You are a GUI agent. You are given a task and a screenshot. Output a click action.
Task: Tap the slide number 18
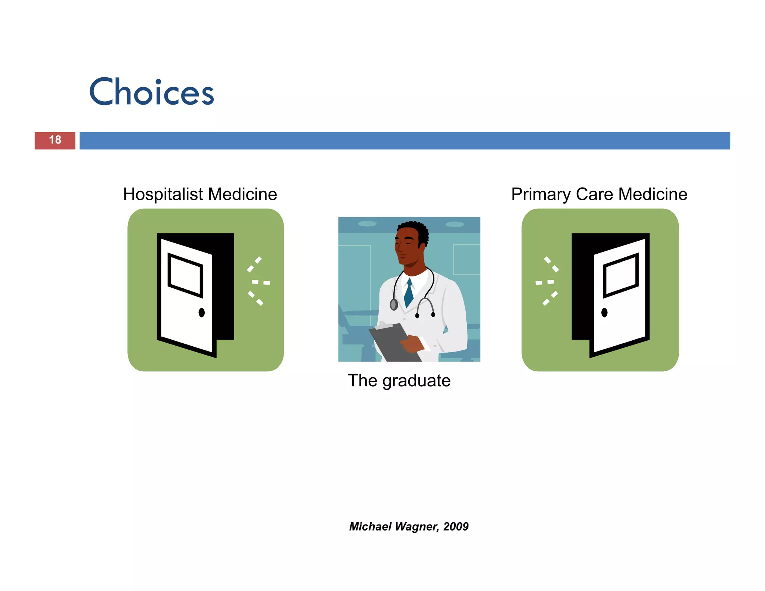[55, 140]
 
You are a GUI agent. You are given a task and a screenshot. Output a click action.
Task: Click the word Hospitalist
[163, 194]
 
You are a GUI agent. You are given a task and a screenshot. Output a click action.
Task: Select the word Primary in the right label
[541, 195]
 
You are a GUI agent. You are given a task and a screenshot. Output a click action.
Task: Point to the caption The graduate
[399, 381]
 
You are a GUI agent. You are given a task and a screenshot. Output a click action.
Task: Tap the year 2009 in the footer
[456, 526]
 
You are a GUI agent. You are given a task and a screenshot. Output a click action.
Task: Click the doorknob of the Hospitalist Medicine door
[202, 312]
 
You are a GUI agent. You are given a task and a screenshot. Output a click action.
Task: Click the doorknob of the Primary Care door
[604, 312]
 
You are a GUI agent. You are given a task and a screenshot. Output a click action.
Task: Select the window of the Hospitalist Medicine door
[185, 275]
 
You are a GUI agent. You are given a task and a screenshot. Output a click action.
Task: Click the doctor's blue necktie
[409, 294]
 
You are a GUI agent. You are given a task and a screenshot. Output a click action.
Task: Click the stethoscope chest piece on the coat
[394, 305]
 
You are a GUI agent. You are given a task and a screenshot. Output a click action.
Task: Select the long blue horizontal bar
[405, 140]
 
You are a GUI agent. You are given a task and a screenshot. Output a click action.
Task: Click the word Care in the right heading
[596, 194]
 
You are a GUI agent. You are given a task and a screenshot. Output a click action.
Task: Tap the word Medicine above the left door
[242, 194]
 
